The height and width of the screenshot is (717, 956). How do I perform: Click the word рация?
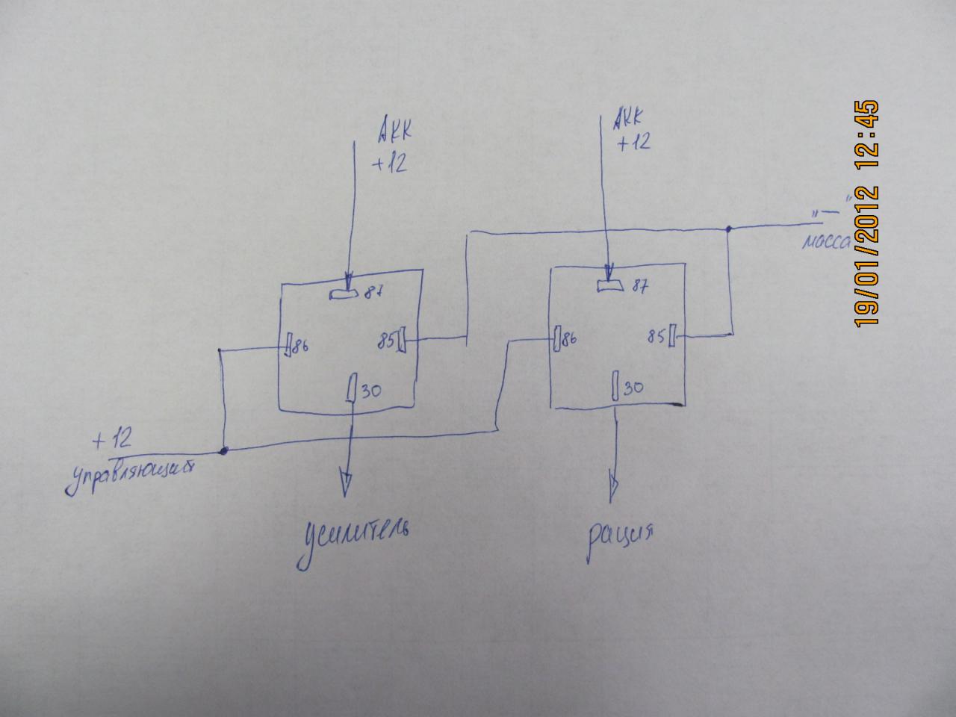pos(621,537)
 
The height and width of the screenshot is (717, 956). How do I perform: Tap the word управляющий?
pos(131,475)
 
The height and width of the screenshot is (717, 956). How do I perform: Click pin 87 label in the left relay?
pos(374,294)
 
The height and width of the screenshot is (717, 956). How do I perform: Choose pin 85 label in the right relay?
pos(657,337)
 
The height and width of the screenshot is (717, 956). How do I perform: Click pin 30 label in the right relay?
pos(633,388)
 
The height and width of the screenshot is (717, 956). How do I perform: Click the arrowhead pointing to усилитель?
pos(345,483)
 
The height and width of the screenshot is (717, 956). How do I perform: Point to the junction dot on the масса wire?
pos(730,229)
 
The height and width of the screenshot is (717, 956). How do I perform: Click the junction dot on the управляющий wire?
pos(223,451)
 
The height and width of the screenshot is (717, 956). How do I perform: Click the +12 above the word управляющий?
pos(112,440)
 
